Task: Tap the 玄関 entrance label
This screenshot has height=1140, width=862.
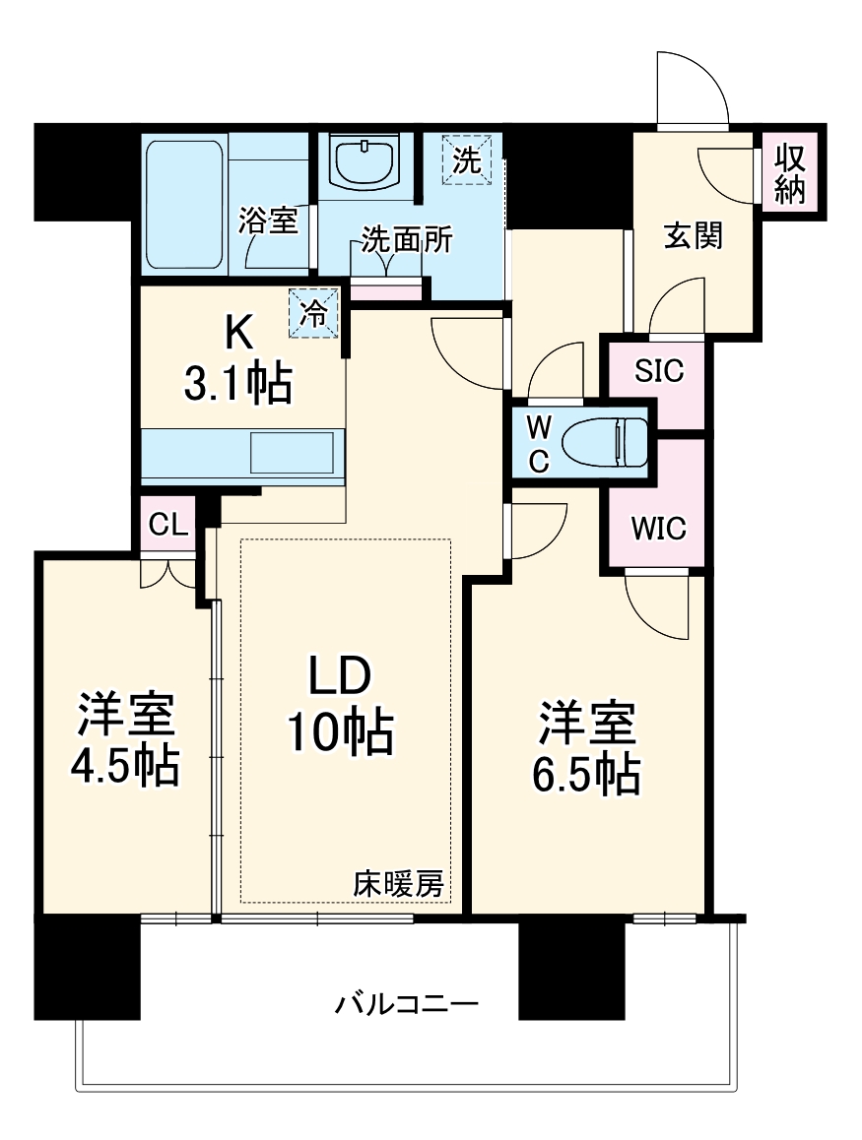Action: pyautogui.click(x=694, y=236)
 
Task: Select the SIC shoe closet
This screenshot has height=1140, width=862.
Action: pyautogui.click(x=658, y=371)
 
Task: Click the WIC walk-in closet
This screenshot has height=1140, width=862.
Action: pyautogui.click(x=658, y=528)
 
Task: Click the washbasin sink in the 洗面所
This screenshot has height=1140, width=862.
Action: pyautogui.click(x=365, y=159)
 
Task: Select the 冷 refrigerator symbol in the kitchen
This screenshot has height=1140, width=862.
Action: pyautogui.click(x=314, y=314)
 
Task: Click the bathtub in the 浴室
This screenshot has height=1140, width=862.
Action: pyautogui.click(x=184, y=207)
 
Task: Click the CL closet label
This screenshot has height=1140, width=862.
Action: pyautogui.click(x=167, y=524)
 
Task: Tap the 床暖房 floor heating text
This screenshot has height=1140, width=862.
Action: pyautogui.click(x=399, y=884)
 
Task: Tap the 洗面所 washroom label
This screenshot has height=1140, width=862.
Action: pyautogui.click(x=407, y=239)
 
